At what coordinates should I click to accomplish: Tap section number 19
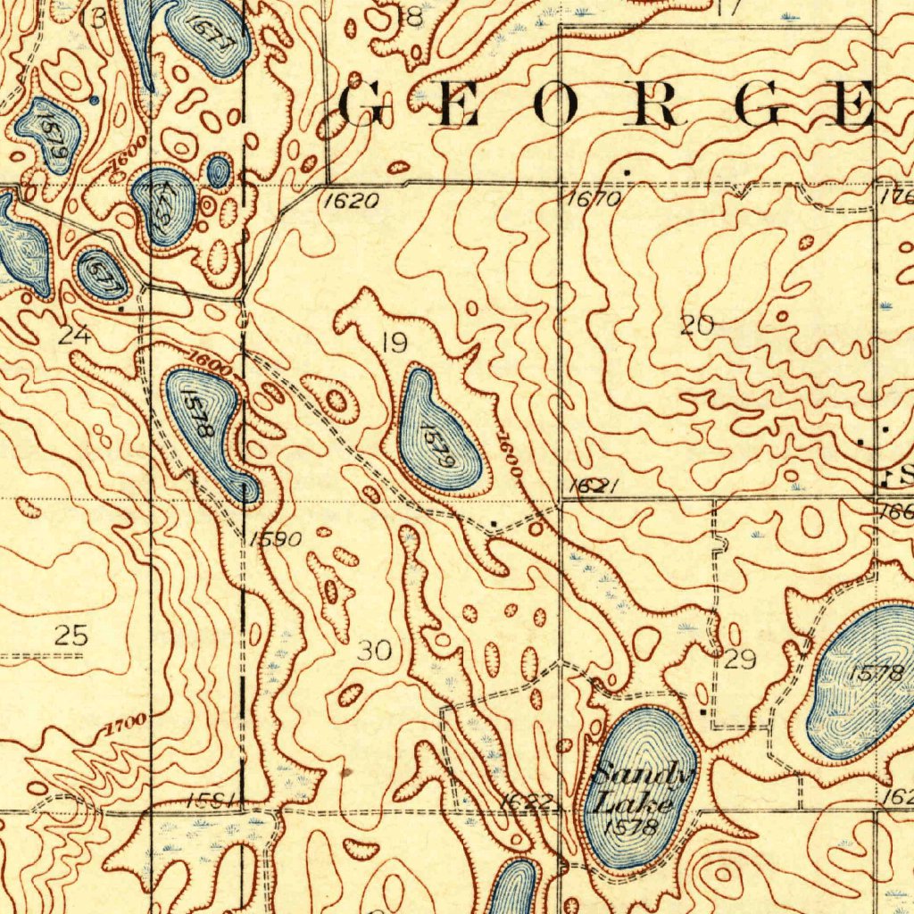coord(393,341)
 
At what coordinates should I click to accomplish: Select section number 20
coord(696,326)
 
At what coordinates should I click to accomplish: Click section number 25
coord(71,636)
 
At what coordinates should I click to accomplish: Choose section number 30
coord(374,651)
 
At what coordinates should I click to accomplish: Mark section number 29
coord(740,661)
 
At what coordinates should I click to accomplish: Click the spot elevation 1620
coord(344,201)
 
